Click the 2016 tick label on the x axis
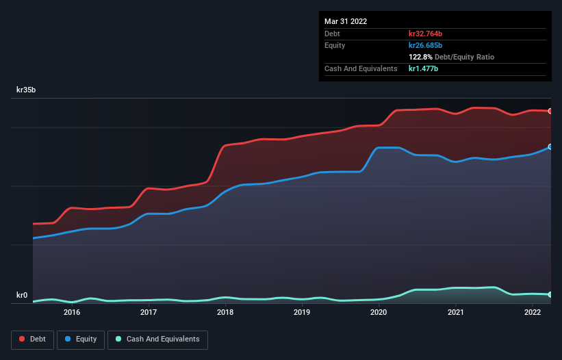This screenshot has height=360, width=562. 72,312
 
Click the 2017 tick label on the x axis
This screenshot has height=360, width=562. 149,312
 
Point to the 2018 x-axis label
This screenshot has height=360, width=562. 225,312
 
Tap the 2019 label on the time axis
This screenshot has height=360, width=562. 302,312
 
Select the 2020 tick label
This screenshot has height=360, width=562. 379,312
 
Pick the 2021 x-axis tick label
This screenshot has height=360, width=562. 456,312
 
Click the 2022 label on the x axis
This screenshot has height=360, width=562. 533,312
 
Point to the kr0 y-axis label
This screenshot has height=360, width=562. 22,296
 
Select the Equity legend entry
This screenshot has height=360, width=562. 81,339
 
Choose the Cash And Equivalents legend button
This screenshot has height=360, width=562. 157,339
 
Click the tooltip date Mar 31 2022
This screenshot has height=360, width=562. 346,21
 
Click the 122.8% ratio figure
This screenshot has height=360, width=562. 421,57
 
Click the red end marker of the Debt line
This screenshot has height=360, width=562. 550,111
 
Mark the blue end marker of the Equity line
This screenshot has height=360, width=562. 550,146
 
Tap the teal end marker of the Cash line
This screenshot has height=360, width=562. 550,294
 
